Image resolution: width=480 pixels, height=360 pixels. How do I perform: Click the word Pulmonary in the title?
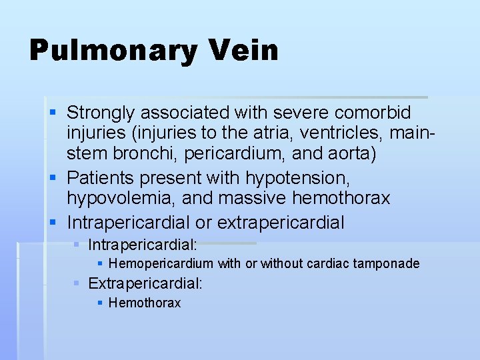click(111, 51)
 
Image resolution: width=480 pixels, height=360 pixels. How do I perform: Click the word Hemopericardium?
click(161, 263)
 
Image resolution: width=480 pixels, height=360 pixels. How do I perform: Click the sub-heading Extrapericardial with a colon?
click(145, 283)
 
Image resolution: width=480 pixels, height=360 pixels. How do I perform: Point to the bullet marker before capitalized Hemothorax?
click(100, 303)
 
